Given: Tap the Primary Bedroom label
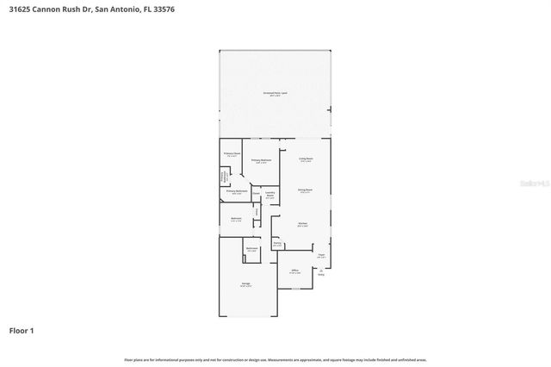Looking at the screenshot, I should (x=262, y=160).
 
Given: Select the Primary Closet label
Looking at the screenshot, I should (x=232, y=154).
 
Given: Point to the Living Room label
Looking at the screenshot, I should (x=305, y=159).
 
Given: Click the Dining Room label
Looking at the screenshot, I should (x=305, y=190).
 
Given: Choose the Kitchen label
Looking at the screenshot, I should (x=302, y=224).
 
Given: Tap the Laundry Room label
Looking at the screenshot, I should (x=269, y=194).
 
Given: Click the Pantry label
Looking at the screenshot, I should (x=277, y=243).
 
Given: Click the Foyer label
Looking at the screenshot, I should (x=320, y=255).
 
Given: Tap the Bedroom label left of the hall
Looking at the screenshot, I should (x=236, y=219).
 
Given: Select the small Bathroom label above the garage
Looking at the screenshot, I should (x=252, y=249).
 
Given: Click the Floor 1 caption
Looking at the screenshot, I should (x=22, y=330).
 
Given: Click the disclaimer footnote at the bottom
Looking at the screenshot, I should (x=275, y=359).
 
